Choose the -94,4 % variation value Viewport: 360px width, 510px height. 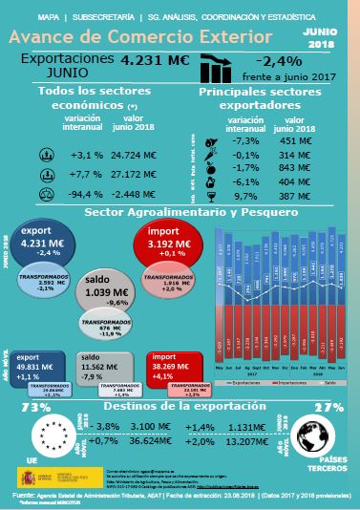tap(92, 195)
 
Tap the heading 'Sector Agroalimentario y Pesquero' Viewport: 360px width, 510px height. tap(180, 212)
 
